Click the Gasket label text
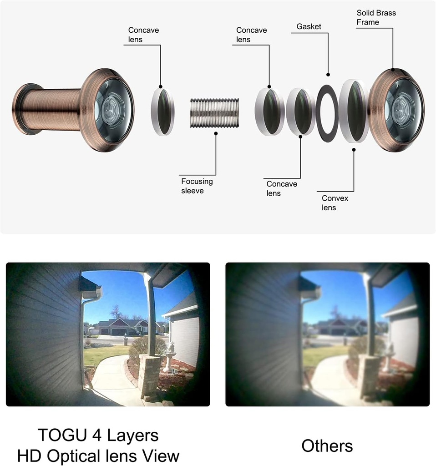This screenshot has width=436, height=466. (309, 26)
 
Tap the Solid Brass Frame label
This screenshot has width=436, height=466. (376, 18)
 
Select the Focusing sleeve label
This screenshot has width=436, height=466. (197, 186)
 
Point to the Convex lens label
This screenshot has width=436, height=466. (335, 203)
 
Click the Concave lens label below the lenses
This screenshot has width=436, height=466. (282, 188)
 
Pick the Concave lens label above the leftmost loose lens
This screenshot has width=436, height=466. (143, 35)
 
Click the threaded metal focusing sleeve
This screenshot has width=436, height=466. (214, 113)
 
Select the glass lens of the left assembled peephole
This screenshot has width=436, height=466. (113, 110)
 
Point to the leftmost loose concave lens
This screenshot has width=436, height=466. (163, 112)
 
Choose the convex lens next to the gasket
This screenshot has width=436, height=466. (354, 111)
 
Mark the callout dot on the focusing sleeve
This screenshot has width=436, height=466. (216, 133)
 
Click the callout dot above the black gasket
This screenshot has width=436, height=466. (328, 75)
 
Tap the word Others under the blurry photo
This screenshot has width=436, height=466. (327, 446)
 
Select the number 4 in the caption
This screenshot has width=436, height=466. (97, 435)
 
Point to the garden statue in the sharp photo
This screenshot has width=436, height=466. (170, 357)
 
